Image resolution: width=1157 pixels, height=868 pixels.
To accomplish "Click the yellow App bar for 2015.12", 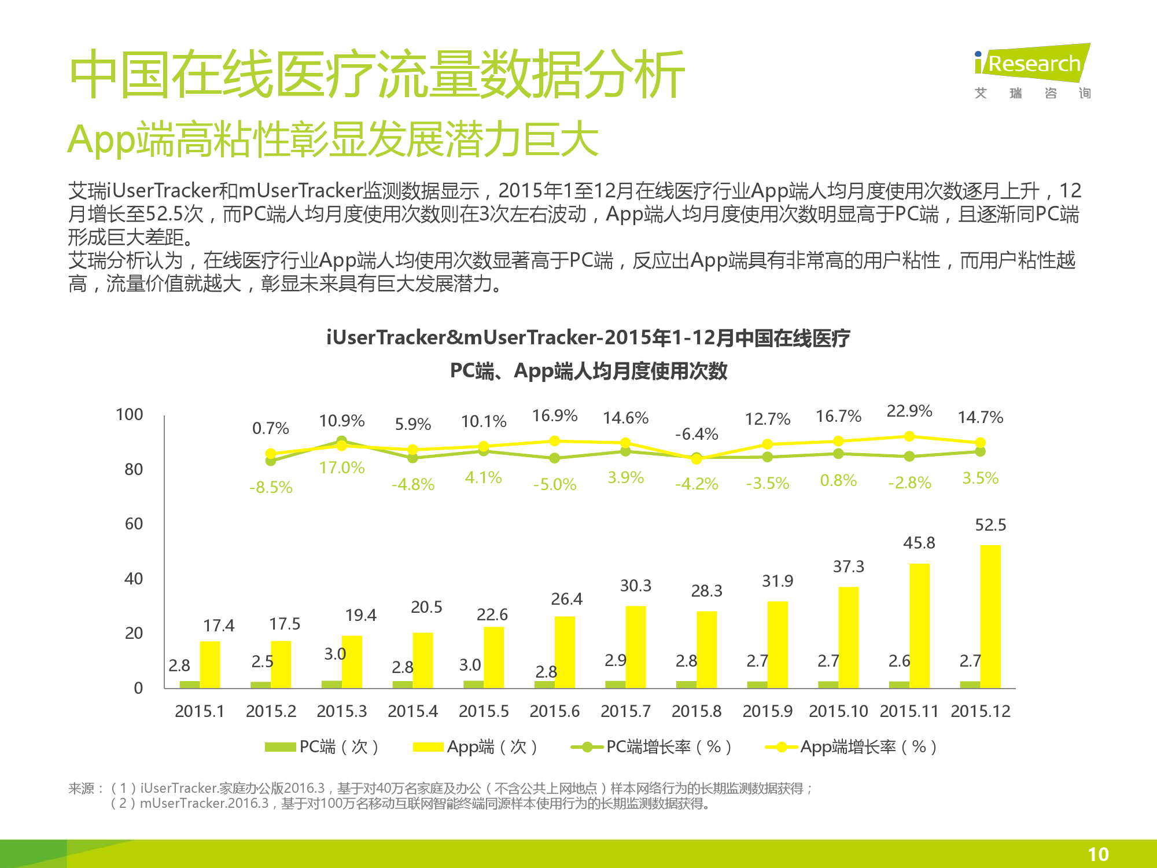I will point(990,616).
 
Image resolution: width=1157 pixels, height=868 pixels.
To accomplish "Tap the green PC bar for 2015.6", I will point(544,685).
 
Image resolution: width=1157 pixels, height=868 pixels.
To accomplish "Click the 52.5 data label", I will point(990,525).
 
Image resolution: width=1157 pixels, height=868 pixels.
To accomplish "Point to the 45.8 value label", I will point(919,543).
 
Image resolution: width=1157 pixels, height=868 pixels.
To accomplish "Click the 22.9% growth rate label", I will point(909,411).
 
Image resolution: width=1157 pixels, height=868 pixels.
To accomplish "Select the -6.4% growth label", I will point(697,434).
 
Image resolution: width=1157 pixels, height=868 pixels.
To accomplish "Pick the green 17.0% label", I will point(342,468).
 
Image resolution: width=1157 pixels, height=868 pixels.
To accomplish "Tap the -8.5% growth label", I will point(271,487).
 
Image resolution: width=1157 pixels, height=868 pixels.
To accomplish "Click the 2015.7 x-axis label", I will point(625,711).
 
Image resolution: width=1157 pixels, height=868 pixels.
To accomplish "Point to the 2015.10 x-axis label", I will point(838,711).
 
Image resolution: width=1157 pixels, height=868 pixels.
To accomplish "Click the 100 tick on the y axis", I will point(130,414).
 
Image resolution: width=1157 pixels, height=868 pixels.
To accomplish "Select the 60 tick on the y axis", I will point(134,524).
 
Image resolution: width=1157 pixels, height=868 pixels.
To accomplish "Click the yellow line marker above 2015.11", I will point(909,436).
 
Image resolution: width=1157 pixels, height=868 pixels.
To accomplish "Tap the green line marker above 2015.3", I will point(342,441).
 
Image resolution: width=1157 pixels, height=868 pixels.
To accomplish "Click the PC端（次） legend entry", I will point(322,747).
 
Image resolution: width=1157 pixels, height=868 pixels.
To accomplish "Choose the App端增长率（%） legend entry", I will point(850,747).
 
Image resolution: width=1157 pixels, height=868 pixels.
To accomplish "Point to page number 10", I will point(1098,854).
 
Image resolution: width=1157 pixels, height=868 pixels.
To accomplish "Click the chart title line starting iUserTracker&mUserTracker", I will point(588,337).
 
